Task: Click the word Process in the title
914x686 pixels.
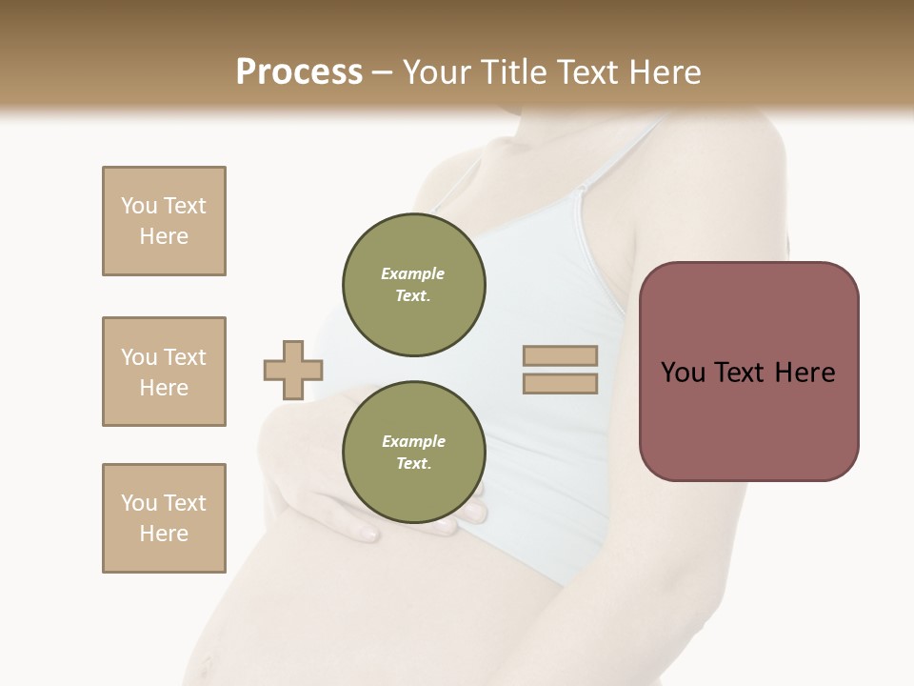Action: coord(299,71)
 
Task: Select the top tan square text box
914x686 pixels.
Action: coord(164,221)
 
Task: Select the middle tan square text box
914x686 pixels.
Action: coord(164,372)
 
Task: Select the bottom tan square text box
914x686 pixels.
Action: coord(164,518)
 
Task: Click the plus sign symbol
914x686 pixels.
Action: coord(293,370)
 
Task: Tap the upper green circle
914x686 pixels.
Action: coord(414,285)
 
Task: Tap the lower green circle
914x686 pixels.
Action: coord(414,453)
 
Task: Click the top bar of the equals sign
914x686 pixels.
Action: coord(560,355)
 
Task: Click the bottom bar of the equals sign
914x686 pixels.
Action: coord(560,384)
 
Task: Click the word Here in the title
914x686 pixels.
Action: coord(663,72)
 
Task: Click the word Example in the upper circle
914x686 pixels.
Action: coord(412,273)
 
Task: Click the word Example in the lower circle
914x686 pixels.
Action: coord(413,441)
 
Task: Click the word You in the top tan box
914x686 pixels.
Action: coord(138,206)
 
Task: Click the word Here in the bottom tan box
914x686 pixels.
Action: coord(164,534)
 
